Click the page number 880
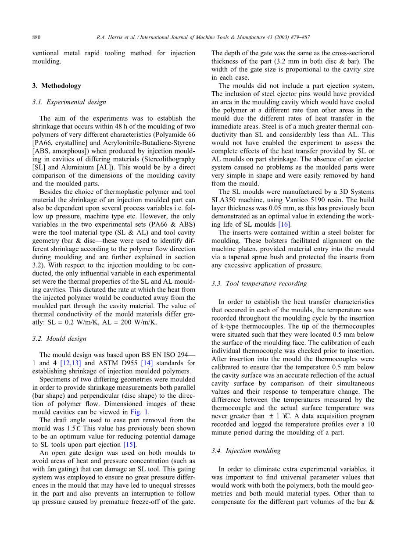click(x=36, y=38)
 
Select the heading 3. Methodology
click(x=57, y=86)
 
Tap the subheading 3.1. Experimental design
click(x=69, y=102)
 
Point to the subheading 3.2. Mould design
click(x=59, y=339)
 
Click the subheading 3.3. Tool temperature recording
click(x=259, y=284)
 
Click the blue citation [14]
click(x=147, y=363)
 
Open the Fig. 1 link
click(x=140, y=412)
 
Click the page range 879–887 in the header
click(x=298, y=38)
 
